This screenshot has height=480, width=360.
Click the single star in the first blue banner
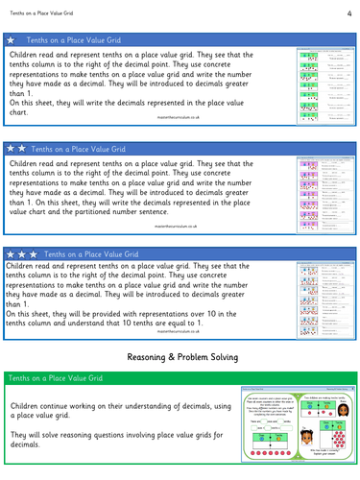[11, 42]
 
